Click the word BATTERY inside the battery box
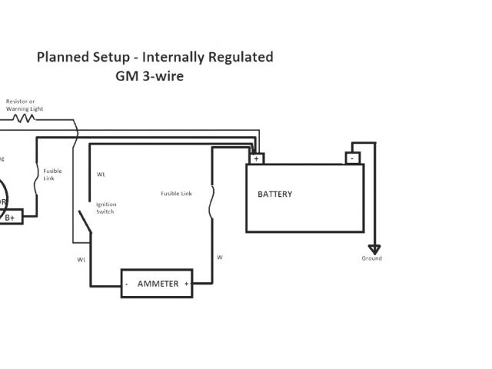click(x=274, y=194)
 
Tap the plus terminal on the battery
click(x=256, y=158)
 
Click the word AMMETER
click(x=158, y=284)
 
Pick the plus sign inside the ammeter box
click(x=186, y=284)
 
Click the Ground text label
click(x=372, y=258)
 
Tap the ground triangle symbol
click(x=374, y=249)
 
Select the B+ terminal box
click(x=12, y=218)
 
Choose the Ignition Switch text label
click(x=105, y=208)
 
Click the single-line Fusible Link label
click(x=176, y=194)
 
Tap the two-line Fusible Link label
click(x=53, y=174)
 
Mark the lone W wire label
click(x=220, y=257)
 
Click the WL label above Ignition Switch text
click(x=101, y=175)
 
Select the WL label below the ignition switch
click(x=81, y=259)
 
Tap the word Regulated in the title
click(x=241, y=58)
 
